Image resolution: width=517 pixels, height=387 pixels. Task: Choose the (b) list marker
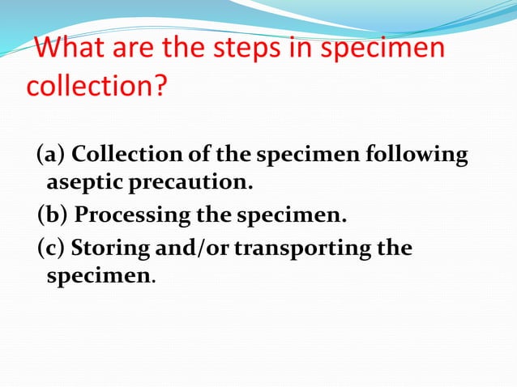[53, 215]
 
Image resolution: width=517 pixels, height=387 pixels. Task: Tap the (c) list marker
[51, 246]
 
